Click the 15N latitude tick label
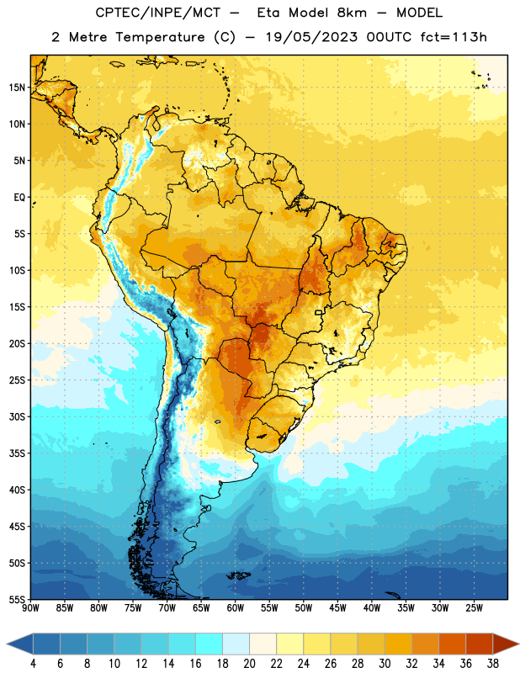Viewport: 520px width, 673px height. [17, 87]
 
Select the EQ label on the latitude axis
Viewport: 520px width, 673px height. [19, 198]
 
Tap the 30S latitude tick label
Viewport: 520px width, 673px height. [17, 416]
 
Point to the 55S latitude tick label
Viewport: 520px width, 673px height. [17, 600]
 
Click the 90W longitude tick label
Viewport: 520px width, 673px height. [30, 608]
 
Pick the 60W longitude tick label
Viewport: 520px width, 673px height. [236, 608]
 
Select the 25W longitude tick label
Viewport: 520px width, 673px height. [474, 608]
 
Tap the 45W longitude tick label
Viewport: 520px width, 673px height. [337, 608]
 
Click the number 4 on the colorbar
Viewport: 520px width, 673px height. [33, 664]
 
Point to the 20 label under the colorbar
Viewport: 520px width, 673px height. [249, 664]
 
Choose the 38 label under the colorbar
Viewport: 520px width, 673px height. [493, 664]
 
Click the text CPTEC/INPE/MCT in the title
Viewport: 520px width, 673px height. [158, 13]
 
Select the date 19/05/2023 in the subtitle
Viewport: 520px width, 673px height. [311, 37]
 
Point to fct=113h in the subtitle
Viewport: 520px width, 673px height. [454, 37]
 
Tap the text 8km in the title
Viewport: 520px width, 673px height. [352, 13]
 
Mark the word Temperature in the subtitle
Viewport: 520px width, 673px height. [160, 38]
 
